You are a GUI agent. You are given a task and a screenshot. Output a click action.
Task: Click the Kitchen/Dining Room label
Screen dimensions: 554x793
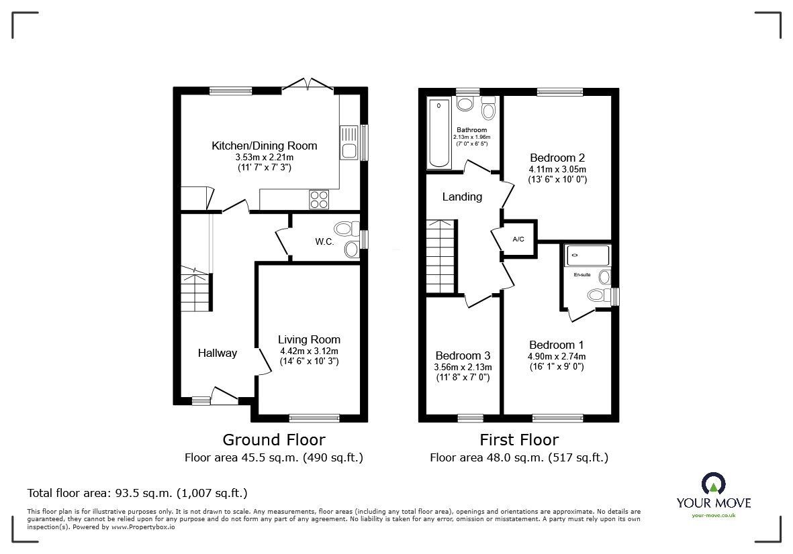click(x=264, y=146)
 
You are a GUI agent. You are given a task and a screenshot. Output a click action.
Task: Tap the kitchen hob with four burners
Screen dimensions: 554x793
click(x=318, y=200)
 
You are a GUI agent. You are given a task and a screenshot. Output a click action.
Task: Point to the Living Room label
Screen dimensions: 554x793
click(x=309, y=339)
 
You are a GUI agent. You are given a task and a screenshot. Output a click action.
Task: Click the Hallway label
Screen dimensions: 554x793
click(x=217, y=353)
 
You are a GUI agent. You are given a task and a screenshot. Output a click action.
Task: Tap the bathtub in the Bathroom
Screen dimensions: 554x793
click(x=439, y=133)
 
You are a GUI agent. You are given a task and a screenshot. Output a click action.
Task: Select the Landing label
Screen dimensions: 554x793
click(x=462, y=197)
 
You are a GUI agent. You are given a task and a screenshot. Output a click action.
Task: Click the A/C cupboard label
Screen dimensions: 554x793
click(x=518, y=239)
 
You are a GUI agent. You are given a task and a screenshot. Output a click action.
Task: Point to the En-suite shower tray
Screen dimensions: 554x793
click(x=588, y=255)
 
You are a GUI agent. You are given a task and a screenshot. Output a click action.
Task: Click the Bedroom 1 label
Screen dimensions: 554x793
click(x=556, y=345)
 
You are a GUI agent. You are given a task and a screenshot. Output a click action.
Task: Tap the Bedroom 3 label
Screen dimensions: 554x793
click(x=463, y=355)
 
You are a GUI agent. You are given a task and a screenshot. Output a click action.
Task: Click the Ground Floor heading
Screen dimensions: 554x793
click(x=274, y=440)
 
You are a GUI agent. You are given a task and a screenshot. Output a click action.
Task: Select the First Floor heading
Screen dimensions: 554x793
click(x=519, y=440)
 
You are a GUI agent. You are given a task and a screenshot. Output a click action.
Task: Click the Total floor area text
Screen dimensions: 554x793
click(x=137, y=493)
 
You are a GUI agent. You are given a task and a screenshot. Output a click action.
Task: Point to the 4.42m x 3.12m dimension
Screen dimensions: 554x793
click(x=309, y=351)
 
